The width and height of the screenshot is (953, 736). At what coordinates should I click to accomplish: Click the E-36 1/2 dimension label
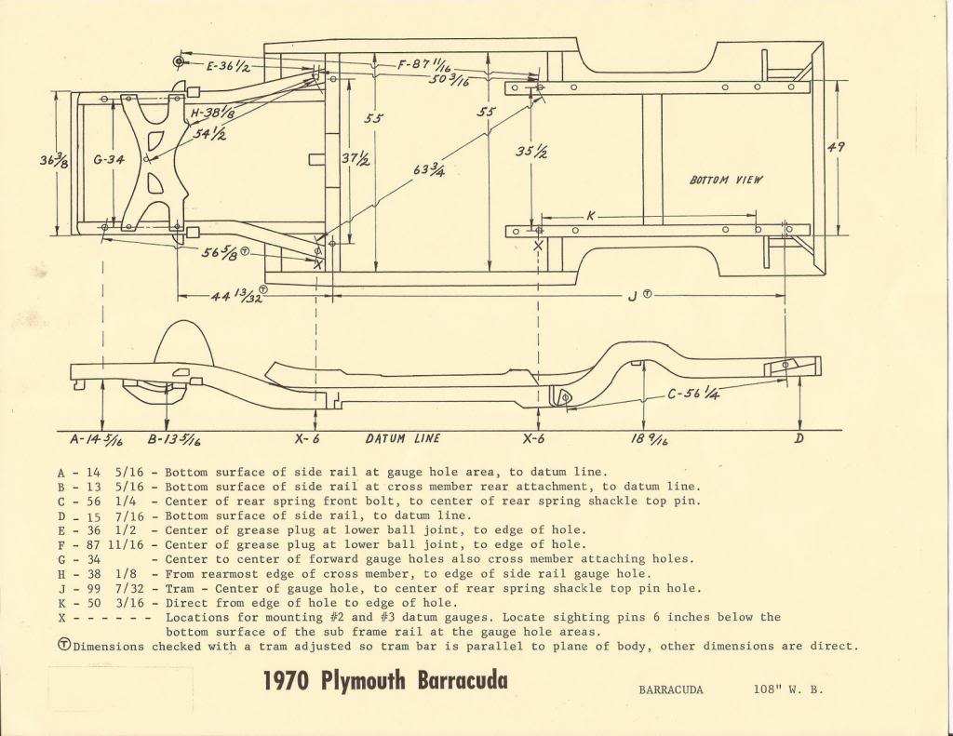(228, 66)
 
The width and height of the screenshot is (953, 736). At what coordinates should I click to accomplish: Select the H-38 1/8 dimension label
(213, 113)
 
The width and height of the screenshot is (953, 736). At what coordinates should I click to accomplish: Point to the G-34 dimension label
(109, 160)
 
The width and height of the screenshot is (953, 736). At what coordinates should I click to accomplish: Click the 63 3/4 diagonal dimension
(429, 168)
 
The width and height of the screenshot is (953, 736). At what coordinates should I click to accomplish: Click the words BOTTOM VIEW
(725, 180)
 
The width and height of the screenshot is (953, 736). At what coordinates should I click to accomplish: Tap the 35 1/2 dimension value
(531, 151)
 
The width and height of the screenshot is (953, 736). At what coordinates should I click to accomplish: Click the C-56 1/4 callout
(693, 394)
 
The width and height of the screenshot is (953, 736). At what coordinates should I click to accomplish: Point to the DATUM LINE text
(403, 438)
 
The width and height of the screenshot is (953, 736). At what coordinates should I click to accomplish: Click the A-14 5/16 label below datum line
(96, 439)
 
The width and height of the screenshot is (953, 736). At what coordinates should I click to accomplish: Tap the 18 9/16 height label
(649, 439)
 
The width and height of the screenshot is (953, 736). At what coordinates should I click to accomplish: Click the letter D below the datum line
(799, 438)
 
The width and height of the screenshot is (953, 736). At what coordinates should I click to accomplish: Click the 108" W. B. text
(788, 689)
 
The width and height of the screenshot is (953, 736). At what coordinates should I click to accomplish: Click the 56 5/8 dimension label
(221, 254)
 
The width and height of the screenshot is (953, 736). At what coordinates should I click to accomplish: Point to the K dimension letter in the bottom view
(591, 216)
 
